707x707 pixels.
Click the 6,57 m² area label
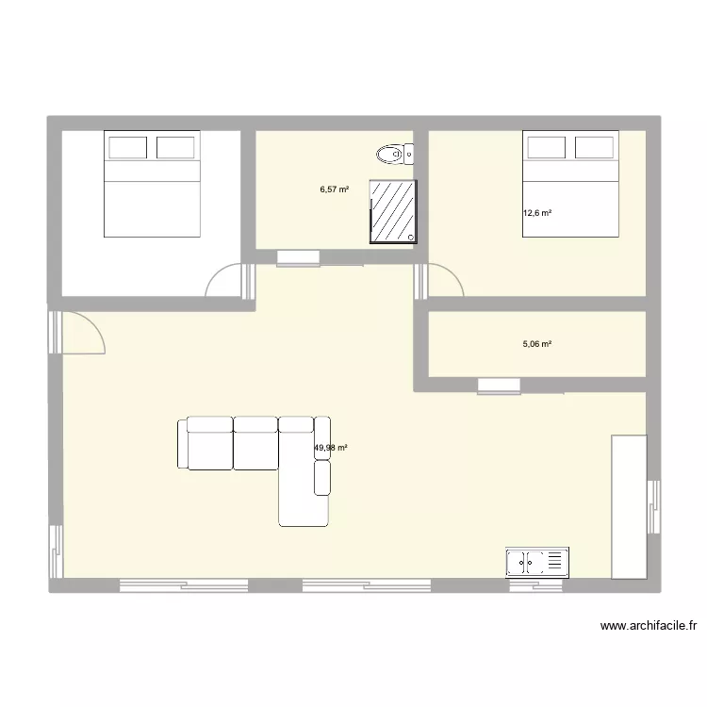click(x=335, y=189)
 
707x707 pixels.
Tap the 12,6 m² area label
click(x=537, y=213)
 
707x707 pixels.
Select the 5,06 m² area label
click(x=537, y=344)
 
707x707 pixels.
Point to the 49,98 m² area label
click(x=331, y=448)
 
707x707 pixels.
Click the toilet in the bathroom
click(x=393, y=153)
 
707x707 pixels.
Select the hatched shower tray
click(x=393, y=211)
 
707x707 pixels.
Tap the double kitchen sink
click(x=537, y=562)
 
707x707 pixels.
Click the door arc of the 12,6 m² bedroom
click(x=443, y=281)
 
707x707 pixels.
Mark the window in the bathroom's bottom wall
click(x=298, y=256)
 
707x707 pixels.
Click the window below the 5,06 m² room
click(x=499, y=385)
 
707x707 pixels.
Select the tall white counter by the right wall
click(x=629, y=506)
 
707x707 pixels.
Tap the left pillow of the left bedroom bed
click(x=127, y=147)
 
